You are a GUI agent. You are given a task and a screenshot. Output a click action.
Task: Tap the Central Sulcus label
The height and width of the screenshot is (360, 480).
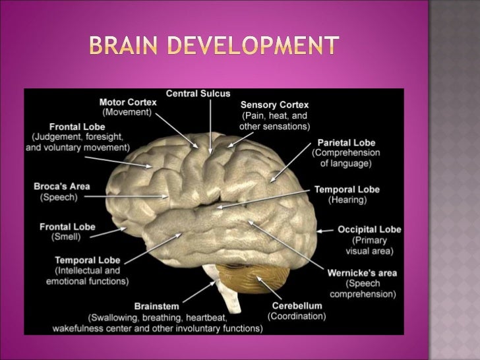pyautogui.click(x=198, y=94)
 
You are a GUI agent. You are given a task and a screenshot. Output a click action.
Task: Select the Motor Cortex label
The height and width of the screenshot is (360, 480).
pyautogui.click(x=129, y=103)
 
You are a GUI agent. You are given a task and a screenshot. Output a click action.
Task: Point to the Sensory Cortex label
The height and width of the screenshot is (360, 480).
pyautogui.click(x=274, y=105)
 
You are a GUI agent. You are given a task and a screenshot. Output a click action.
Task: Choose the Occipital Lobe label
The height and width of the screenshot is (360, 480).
pyautogui.click(x=369, y=229)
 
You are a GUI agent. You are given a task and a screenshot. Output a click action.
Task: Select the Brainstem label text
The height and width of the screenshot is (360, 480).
pyautogui.click(x=157, y=306)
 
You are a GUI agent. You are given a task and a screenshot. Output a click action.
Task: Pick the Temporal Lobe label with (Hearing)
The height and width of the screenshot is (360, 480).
pyautogui.click(x=347, y=190)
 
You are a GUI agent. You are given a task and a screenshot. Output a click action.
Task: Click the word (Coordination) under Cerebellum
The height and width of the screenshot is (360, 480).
pyautogui.click(x=297, y=316)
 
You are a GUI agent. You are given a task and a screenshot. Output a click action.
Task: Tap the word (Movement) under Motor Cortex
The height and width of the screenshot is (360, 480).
pyautogui.click(x=129, y=113)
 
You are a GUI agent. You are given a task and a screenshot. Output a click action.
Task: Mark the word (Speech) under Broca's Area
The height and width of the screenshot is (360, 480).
pyautogui.click(x=59, y=197)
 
